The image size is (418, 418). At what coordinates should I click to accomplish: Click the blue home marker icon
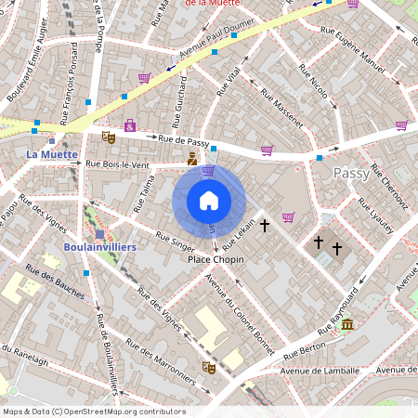[208, 200]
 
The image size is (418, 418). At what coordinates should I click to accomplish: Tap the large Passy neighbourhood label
[351, 173]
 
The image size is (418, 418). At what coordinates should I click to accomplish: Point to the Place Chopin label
[216, 260]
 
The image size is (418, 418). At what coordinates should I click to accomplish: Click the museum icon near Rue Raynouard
[346, 323]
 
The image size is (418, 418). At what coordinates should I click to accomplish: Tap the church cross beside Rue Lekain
[265, 225]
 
